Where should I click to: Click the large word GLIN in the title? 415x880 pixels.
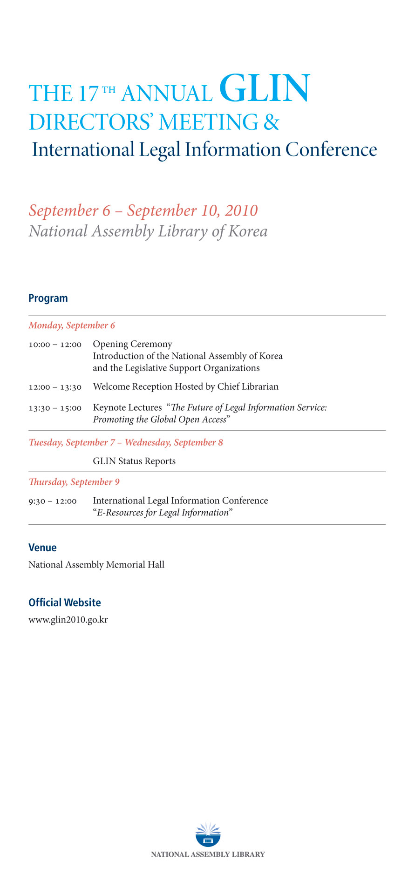pyautogui.click(x=264, y=88)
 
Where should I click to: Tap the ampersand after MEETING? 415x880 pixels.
pyautogui.click(x=271, y=122)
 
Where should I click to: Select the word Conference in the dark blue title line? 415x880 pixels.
pyautogui.click(x=331, y=150)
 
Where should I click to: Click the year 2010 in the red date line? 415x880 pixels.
pyautogui.click(x=241, y=210)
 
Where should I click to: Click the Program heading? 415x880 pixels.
pyautogui.click(x=48, y=298)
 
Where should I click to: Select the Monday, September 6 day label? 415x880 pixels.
pyautogui.click(x=72, y=325)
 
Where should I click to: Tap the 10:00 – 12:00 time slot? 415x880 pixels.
pyautogui.click(x=55, y=345)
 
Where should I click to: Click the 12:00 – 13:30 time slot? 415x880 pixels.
pyautogui.click(x=55, y=387)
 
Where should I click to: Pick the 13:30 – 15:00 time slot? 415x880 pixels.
pyautogui.click(x=55, y=408)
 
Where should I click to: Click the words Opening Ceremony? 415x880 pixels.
pyautogui.click(x=132, y=344)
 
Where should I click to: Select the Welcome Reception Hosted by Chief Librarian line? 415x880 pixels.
pyautogui.click(x=185, y=386)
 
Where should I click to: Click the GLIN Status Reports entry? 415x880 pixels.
pyautogui.click(x=134, y=461)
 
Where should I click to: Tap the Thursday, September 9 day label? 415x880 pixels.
pyautogui.click(x=74, y=482)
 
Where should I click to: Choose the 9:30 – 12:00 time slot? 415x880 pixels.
pyautogui.click(x=53, y=501)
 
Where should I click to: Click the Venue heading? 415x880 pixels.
pyautogui.click(x=42, y=548)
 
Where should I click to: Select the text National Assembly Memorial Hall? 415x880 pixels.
pyautogui.click(x=96, y=565)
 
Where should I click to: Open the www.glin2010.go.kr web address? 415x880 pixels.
pyautogui.click(x=68, y=620)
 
